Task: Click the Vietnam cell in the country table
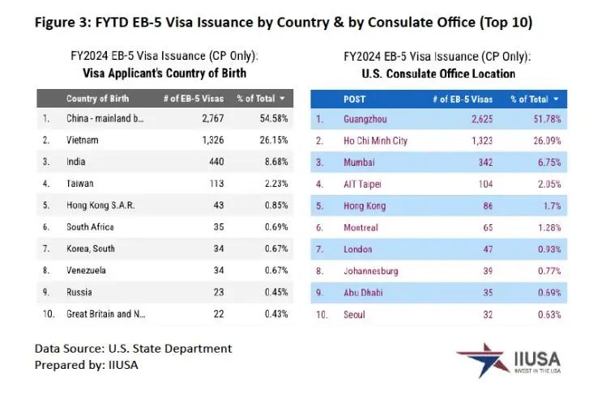tap(83, 140)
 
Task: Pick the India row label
tap(77, 162)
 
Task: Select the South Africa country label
tap(90, 227)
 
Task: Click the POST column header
tap(355, 99)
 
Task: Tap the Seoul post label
tap(355, 314)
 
